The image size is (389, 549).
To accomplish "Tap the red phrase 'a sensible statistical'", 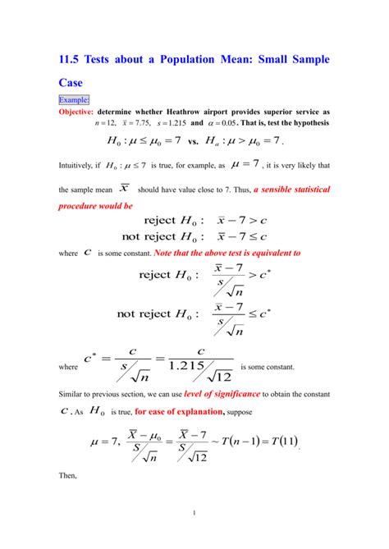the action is (x=291, y=190).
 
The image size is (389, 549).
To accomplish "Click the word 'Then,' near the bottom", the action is (x=70, y=475).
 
